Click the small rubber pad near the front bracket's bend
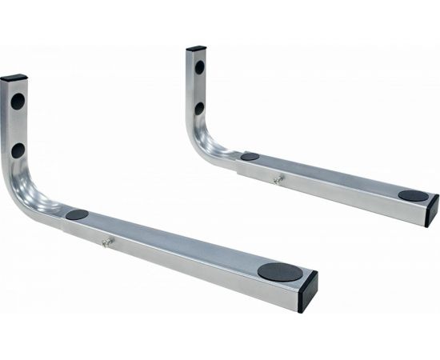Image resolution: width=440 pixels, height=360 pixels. click(77, 214)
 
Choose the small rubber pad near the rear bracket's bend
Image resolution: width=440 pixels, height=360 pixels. click(250, 157)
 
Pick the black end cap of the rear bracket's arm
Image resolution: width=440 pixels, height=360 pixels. click(433, 209)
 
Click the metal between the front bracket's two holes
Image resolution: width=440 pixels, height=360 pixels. click(18, 126)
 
